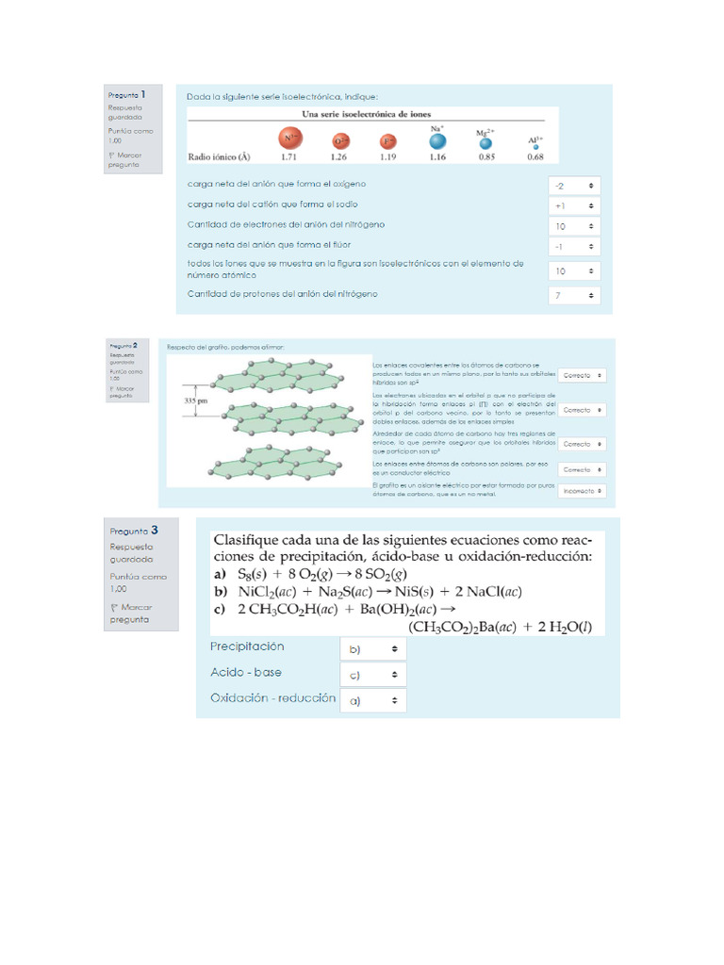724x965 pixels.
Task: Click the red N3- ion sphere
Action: [x=289, y=139]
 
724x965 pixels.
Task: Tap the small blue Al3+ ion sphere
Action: [x=535, y=147]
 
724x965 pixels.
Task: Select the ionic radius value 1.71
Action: [x=289, y=157]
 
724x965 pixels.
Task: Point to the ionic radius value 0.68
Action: [x=535, y=157]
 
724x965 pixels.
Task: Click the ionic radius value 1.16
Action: [x=436, y=157]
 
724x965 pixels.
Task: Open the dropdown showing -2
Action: [x=574, y=186]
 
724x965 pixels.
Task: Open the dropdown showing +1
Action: [x=574, y=205]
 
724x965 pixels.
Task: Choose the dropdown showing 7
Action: [x=574, y=296]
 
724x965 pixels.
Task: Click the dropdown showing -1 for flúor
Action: [x=574, y=247]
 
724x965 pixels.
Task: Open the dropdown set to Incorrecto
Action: [x=582, y=491]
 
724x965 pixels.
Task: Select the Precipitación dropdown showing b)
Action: [x=372, y=649]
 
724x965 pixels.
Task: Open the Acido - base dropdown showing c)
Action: [x=372, y=675]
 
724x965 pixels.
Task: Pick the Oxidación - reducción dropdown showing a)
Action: [x=372, y=700]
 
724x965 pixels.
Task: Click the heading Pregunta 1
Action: [x=127, y=94]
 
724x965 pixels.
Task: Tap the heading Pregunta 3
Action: [x=133, y=531]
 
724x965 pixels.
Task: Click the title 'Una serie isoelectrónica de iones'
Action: [x=366, y=114]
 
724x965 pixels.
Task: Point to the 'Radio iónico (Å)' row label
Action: [x=219, y=157]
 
